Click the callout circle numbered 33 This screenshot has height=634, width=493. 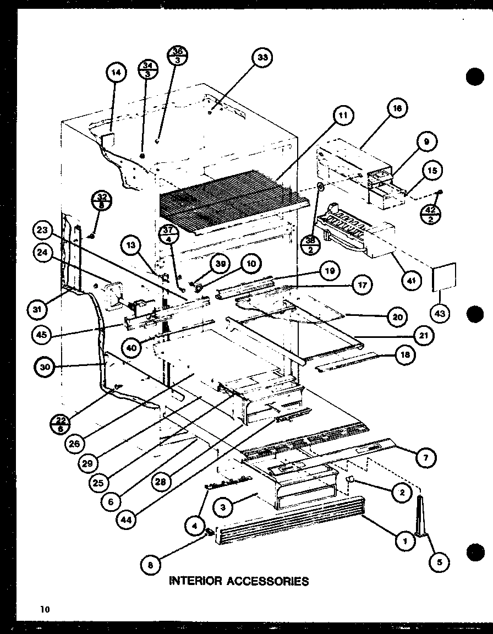[x=262, y=58]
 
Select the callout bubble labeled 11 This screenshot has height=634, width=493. [x=342, y=116]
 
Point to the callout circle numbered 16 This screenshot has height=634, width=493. [x=397, y=109]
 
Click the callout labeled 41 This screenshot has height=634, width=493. [x=410, y=281]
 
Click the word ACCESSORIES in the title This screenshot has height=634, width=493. [x=269, y=581]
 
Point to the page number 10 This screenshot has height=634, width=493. [x=44, y=609]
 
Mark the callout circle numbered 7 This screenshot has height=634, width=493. [x=426, y=457]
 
